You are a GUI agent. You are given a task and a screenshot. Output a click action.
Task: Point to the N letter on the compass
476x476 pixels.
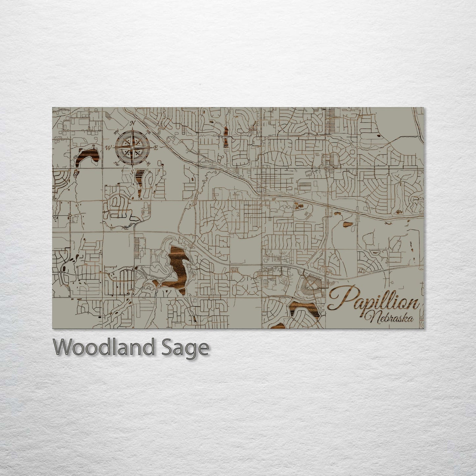coord(133,123)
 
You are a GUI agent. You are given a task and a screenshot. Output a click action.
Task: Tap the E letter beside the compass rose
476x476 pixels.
coord(157,147)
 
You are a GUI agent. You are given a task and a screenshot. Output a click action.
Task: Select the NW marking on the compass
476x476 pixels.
coord(116,132)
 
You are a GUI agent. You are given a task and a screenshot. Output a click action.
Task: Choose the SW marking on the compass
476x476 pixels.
coord(116,163)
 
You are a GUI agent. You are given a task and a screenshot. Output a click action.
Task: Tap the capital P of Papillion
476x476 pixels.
coord(339,298)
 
